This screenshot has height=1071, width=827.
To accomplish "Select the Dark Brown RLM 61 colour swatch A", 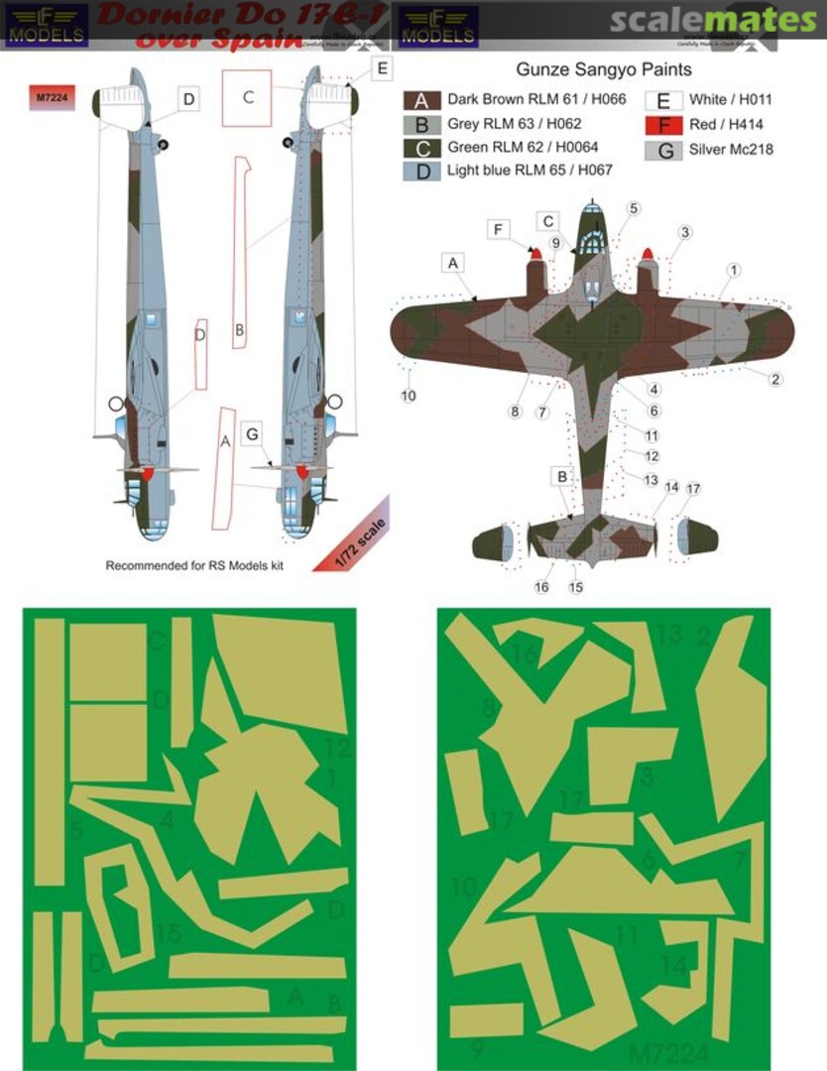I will tap(420, 100).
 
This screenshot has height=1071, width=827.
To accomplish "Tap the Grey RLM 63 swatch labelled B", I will tap(420, 124).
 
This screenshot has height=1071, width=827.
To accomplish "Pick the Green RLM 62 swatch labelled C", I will tap(420, 148).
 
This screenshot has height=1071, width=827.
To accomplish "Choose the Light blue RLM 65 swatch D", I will tap(420, 171).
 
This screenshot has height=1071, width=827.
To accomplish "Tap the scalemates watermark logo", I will tap(712, 20).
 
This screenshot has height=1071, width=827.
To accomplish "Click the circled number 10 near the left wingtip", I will tap(409, 396).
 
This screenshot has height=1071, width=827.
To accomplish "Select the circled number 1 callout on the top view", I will tap(733, 270).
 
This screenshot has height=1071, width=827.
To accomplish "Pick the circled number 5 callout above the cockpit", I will tap(634, 208).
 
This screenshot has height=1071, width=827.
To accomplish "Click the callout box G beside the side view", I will tap(253, 433).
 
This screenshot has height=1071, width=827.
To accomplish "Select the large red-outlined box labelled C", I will tap(248, 97).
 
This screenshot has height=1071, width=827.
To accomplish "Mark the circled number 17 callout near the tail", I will tap(693, 489).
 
